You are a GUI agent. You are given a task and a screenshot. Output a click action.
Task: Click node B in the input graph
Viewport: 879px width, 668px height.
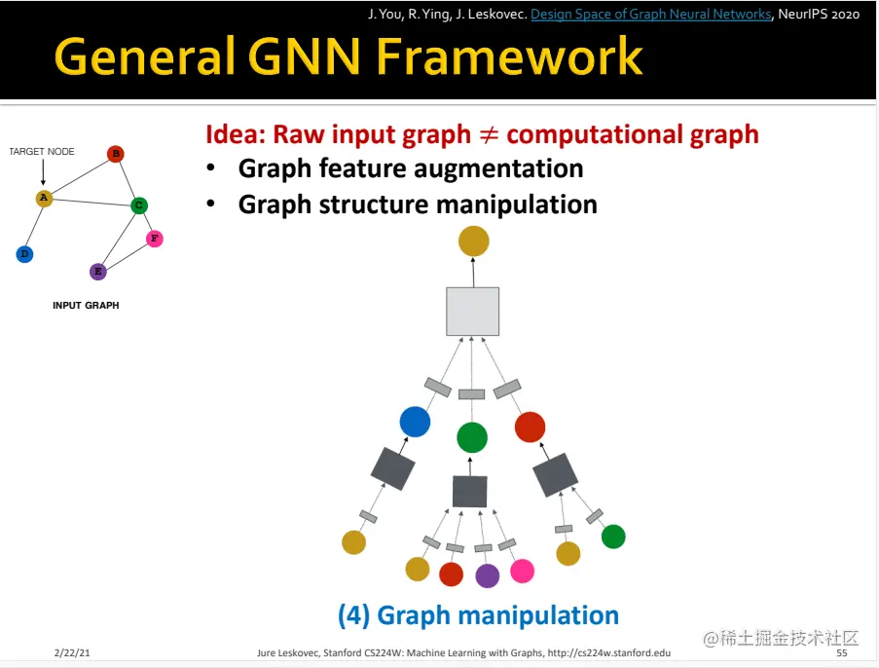click(x=115, y=153)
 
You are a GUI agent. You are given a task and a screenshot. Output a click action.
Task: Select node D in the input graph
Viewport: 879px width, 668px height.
click(x=24, y=254)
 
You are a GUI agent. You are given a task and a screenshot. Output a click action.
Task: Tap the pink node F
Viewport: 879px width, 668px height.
click(x=154, y=239)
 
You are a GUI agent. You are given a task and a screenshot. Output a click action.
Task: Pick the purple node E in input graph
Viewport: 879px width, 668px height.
click(x=97, y=271)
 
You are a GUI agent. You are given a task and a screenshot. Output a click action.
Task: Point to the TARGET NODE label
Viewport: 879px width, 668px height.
click(x=42, y=152)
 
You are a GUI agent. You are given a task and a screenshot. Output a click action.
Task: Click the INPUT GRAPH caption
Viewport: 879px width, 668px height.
click(x=86, y=305)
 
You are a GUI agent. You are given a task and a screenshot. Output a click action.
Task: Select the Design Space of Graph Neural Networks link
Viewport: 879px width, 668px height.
click(x=651, y=14)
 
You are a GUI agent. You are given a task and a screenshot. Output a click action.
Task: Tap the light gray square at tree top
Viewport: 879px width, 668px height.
click(x=472, y=312)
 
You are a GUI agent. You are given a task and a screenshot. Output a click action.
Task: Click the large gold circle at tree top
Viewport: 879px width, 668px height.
click(x=473, y=241)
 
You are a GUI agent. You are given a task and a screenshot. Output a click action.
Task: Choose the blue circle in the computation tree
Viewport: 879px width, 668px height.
click(x=415, y=422)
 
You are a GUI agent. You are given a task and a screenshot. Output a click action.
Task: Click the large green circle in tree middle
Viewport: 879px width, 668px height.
click(x=472, y=437)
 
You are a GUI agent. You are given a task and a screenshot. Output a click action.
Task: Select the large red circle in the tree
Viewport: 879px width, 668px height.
click(x=530, y=427)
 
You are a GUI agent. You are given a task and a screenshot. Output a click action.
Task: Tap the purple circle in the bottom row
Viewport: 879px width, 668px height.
click(x=487, y=575)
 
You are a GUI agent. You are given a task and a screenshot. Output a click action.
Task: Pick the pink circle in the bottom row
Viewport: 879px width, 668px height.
click(x=523, y=571)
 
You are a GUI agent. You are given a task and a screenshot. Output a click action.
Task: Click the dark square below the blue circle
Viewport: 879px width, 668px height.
click(x=393, y=469)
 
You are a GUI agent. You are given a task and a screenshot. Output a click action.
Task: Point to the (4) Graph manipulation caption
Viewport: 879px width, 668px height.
click(x=478, y=615)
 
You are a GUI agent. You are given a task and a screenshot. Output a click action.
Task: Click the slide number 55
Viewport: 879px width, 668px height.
click(x=841, y=652)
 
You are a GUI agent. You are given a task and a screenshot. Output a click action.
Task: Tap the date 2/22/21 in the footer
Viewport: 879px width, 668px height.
click(x=72, y=652)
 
